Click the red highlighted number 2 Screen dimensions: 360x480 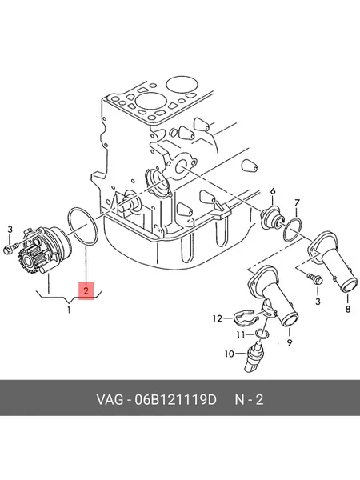click(x=86, y=290)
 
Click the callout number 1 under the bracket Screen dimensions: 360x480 click(x=69, y=310)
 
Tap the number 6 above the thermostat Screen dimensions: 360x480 click(x=273, y=191)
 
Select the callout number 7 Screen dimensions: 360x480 click(x=297, y=203)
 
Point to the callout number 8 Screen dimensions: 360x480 click(x=348, y=310)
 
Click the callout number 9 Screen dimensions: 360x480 click(x=290, y=342)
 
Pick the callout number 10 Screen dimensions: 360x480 click(x=230, y=354)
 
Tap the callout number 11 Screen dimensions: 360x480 click(x=242, y=335)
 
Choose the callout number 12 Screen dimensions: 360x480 click(x=218, y=318)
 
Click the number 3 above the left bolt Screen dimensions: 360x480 click(x=10, y=229)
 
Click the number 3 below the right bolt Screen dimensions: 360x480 click(x=318, y=302)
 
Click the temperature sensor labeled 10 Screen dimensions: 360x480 click(x=253, y=358)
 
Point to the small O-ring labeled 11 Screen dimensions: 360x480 click(x=262, y=334)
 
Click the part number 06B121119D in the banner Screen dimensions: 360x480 click(x=175, y=400)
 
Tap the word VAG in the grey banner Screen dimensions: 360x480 click(x=110, y=400)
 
